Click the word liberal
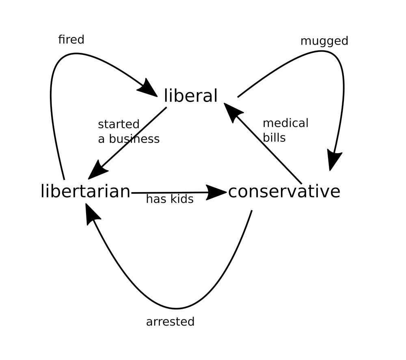tap(190, 96)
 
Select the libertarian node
tap(86, 191)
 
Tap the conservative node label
tap(284, 191)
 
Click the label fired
tap(71, 39)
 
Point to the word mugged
tap(324, 41)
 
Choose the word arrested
tap(170, 322)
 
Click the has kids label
tap(169, 199)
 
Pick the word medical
tap(285, 123)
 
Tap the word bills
tap(274, 137)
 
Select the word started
tap(119, 124)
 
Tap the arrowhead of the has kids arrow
tap(216, 192)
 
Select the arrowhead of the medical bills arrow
tap(232, 111)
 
